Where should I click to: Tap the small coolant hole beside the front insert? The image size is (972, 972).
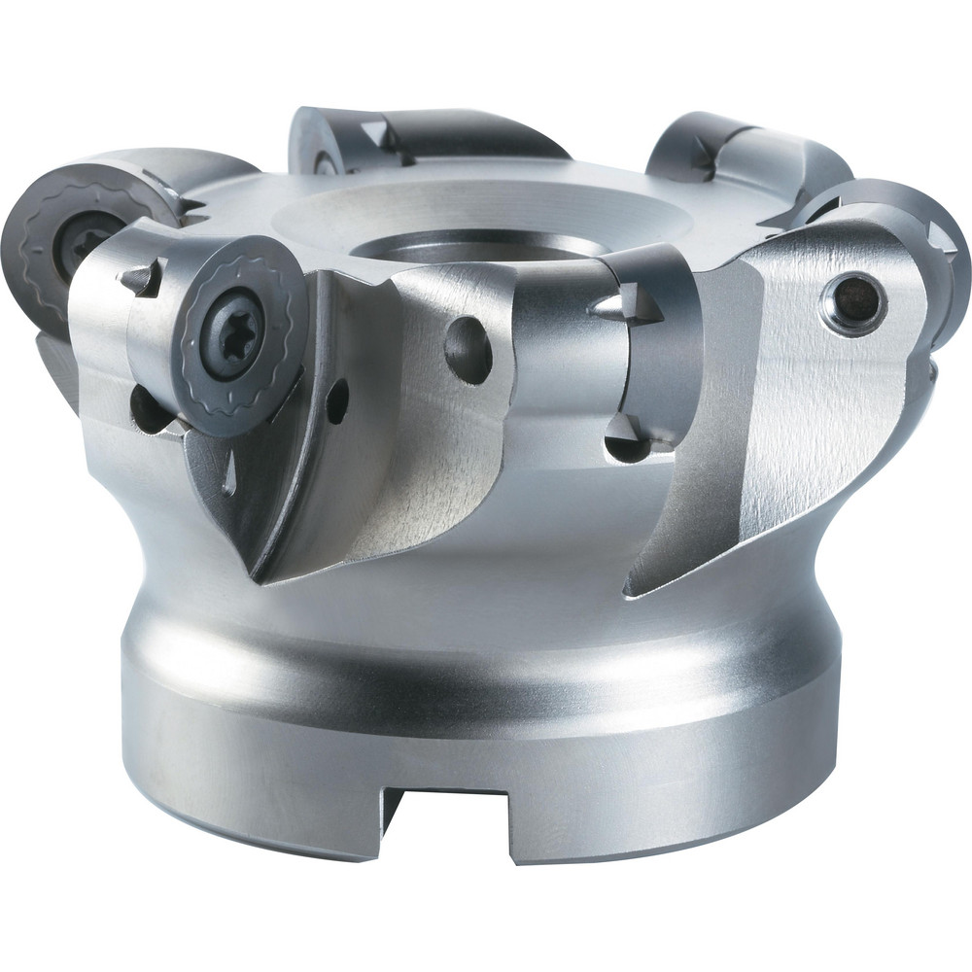click(x=336, y=400)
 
